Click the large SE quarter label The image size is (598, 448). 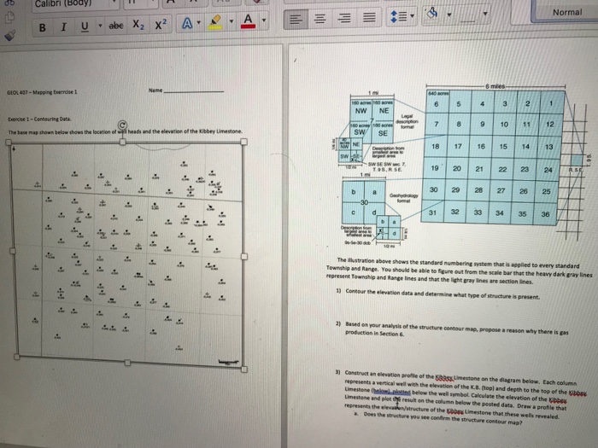coord(382,134)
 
